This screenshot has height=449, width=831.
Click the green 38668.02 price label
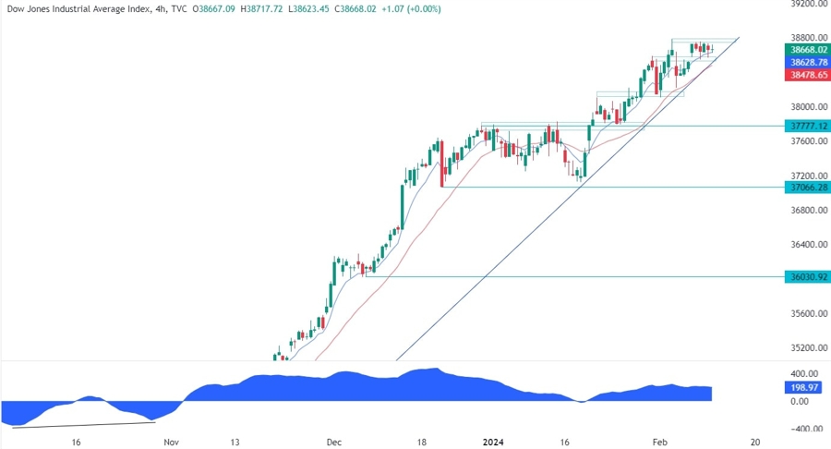pos(806,49)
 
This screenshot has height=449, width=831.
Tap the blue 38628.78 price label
pos(806,62)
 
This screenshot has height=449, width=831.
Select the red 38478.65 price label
pos(806,75)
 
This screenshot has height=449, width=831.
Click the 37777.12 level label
pos(806,126)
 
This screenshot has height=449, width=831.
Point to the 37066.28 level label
pos(806,188)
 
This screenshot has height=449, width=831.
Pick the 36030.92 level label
pos(806,276)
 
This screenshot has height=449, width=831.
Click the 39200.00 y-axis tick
pos(806,5)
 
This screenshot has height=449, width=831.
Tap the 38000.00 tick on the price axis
pos(806,107)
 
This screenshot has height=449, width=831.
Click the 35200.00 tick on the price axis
pos(806,348)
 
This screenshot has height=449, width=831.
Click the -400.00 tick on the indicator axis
pos(805,429)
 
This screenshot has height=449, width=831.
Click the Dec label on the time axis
pos(335,443)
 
